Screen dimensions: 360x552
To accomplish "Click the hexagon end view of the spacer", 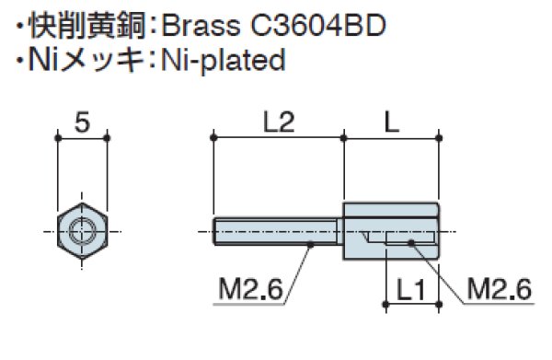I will click(83, 229).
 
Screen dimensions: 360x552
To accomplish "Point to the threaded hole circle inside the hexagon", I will click(83, 229).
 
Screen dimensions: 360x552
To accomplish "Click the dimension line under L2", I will click(279, 139).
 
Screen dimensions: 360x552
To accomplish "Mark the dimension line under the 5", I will click(83, 139).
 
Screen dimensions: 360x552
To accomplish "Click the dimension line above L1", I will click(410, 304).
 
